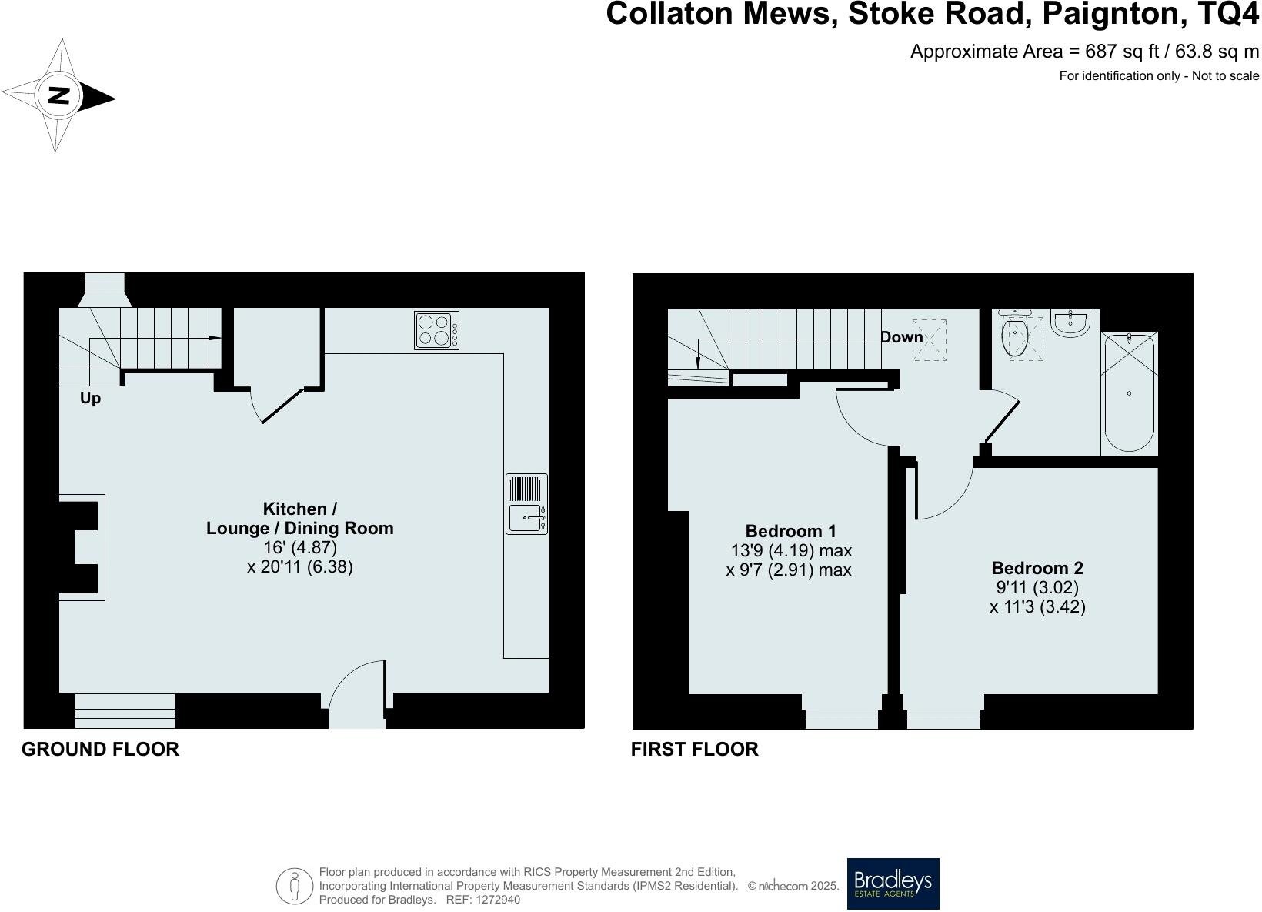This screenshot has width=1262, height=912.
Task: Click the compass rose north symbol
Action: pos(58,96)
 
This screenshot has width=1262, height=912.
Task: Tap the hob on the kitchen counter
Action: pos(436,330)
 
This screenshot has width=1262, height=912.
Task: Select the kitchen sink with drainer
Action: pos(527,504)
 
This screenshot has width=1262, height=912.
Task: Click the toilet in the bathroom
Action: pos(1016,335)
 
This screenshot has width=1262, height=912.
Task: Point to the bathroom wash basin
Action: pos(1070,323)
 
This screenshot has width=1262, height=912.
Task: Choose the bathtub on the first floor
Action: pos(1129,393)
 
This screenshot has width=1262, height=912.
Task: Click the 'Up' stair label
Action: pos(90,399)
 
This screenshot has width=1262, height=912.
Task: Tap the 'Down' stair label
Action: pos(901,337)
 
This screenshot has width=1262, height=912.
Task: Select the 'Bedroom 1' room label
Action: pos(790,531)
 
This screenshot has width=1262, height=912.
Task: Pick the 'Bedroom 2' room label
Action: pos(1037,568)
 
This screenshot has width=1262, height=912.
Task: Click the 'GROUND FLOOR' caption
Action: pos(100,749)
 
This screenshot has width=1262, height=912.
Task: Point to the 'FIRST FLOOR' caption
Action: pos(694,749)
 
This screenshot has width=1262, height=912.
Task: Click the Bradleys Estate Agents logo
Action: pos(893,884)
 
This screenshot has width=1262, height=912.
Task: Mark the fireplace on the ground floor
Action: pos(81,546)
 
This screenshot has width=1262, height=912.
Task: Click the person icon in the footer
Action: pos(294,886)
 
